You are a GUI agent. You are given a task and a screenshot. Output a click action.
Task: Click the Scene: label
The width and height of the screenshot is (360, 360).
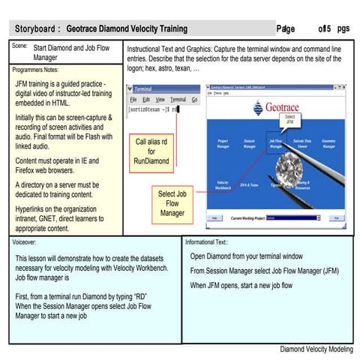(x=19, y=46)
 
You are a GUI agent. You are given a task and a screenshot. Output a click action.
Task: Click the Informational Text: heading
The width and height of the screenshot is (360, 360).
(x=206, y=242)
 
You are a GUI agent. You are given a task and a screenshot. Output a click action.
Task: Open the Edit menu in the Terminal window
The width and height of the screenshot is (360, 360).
(x=147, y=99)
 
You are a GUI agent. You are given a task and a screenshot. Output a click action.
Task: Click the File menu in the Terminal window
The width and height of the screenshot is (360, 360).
(x=133, y=99)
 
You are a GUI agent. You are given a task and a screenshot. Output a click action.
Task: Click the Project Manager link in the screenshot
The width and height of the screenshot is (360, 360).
(x=223, y=144)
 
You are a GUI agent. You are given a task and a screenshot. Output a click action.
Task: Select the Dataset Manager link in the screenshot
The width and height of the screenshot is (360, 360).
(x=249, y=144)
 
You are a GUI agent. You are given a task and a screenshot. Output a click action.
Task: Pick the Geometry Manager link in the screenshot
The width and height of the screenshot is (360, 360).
(x=328, y=144)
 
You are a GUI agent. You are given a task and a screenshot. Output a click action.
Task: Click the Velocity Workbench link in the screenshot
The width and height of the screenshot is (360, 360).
(x=223, y=185)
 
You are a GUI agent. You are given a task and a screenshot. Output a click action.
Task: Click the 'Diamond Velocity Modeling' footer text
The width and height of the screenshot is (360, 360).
(x=315, y=349)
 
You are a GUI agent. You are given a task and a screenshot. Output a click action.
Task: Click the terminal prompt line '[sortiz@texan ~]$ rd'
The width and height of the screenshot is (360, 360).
(x=153, y=109)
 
